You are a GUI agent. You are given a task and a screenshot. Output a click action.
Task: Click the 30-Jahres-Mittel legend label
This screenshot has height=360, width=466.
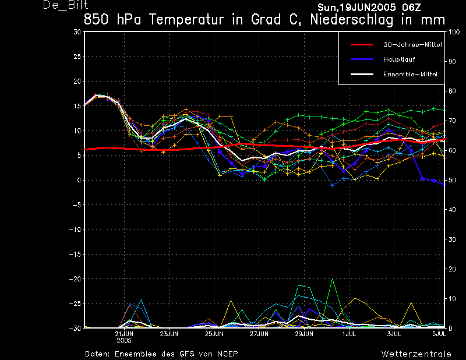[x=412, y=45]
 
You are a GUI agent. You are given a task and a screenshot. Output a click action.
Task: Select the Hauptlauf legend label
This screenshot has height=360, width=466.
[x=399, y=59]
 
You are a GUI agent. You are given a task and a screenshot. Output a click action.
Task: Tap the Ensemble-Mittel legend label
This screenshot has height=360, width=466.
[x=410, y=75]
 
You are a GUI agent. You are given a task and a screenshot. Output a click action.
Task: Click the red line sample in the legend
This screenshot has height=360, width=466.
[x=362, y=45]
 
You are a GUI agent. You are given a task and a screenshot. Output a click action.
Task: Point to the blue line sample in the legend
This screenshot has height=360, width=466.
[x=362, y=59]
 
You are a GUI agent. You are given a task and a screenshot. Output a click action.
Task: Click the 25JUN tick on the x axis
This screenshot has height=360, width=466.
[x=214, y=334]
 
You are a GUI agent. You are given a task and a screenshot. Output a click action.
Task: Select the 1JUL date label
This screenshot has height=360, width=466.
[x=349, y=334]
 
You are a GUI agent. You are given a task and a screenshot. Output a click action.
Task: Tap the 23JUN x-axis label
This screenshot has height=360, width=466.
[x=169, y=334]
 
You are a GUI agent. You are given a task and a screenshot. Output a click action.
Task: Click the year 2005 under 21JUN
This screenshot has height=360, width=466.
[x=124, y=341]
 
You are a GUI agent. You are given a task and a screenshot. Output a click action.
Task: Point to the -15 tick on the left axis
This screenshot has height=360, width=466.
[x=75, y=254]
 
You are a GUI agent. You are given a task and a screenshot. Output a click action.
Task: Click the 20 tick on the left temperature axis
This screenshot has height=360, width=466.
[x=77, y=81]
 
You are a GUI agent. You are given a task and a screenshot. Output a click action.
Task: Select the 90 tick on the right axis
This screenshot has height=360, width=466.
[x=451, y=62]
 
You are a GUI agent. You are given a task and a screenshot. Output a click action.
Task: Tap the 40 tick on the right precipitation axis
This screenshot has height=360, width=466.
[x=451, y=210]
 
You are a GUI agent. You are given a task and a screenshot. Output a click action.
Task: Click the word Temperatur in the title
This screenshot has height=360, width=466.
[x=186, y=20]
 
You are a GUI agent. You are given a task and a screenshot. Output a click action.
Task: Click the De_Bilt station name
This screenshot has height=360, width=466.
[x=66, y=5]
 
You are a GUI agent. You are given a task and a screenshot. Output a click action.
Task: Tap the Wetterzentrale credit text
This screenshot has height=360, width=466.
[x=416, y=354]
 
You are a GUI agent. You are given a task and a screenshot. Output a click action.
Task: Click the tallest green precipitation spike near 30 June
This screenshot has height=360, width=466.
[x=332, y=279]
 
